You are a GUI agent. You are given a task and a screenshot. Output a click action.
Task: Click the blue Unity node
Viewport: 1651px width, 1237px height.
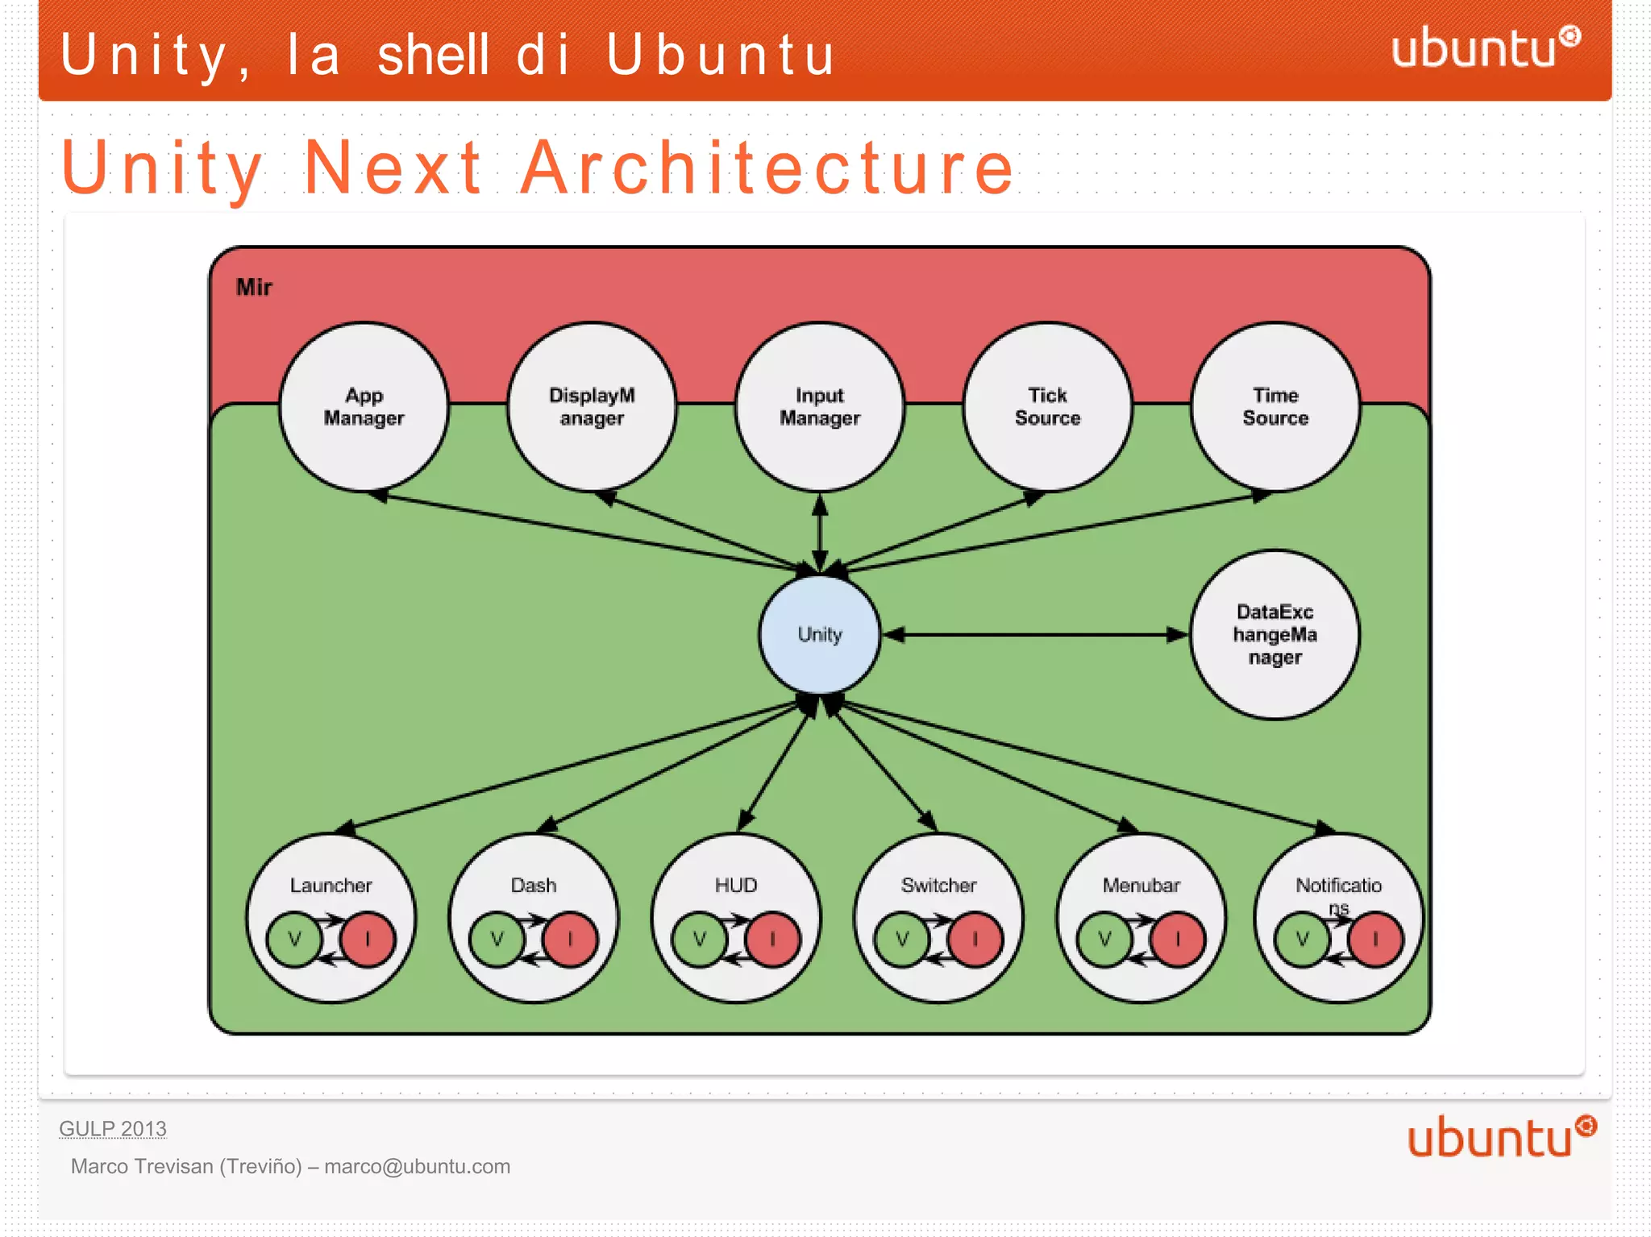(x=819, y=634)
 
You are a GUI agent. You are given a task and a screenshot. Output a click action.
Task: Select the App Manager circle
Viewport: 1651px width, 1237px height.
(x=364, y=407)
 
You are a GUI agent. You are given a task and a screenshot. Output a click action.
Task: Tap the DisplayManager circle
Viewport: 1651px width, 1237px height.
(x=592, y=407)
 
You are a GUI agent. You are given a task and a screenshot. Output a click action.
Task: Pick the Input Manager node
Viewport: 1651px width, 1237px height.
(x=819, y=407)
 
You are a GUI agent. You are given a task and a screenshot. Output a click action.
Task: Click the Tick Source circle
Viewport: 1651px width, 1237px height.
(x=1047, y=407)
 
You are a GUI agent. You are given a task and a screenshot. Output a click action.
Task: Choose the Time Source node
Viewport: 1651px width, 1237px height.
(x=1275, y=407)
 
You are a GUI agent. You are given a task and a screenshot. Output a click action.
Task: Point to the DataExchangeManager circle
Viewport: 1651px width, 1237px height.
(x=1275, y=634)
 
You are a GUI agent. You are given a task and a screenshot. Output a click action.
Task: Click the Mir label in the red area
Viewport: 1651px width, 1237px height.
(x=254, y=287)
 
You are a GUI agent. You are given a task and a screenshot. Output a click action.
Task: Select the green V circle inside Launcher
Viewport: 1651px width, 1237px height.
(x=294, y=939)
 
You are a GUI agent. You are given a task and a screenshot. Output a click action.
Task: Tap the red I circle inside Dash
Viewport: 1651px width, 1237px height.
(x=571, y=939)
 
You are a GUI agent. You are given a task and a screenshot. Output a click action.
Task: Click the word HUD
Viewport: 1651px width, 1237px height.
(x=735, y=885)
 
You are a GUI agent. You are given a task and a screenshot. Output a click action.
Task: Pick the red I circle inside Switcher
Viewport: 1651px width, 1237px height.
(x=975, y=939)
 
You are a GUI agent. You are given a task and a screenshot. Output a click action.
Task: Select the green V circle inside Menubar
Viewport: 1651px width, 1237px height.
(x=1104, y=939)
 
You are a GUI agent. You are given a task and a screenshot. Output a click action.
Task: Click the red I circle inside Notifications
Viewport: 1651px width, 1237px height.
(x=1375, y=939)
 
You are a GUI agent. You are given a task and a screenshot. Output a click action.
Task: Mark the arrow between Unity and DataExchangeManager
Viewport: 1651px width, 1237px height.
(x=1036, y=635)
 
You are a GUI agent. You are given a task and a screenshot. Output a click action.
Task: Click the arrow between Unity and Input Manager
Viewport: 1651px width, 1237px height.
(x=820, y=532)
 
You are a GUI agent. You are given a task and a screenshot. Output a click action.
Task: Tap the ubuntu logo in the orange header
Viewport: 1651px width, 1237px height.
(x=1485, y=48)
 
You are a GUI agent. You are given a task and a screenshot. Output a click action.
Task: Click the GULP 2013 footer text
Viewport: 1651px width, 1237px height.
(x=113, y=1128)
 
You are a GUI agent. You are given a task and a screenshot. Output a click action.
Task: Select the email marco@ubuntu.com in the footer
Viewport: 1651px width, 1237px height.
(x=417, y=1166)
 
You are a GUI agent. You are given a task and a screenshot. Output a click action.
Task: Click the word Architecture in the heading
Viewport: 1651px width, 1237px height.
(x=767, y=168)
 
